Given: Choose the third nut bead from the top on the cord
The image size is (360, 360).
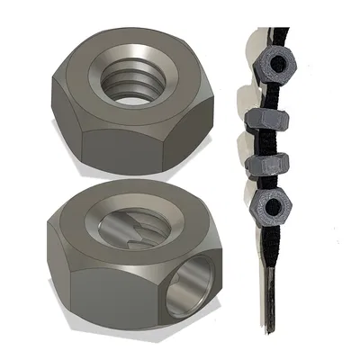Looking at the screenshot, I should pos(266,166).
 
